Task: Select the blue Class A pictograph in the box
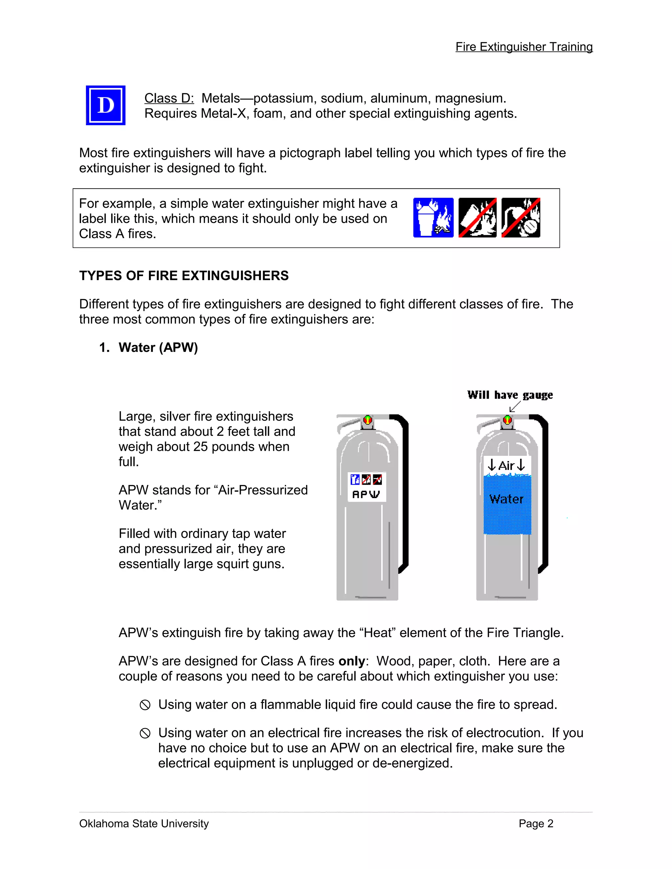pyautogui.click(x=433, y=218)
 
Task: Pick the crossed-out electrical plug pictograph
pyautogui.click(x=520, y=218)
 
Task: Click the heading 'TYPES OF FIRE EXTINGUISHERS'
pyautogui.click(x=183, y=275)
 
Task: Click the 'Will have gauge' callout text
pyautogui.click(x=510, y=395)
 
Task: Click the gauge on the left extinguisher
pyautogui.click(x=367, y=419)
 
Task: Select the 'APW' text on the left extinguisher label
pyautogui.click(x=366, y=494)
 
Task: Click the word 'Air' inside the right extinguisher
pyautogui.click(x=506, y=466)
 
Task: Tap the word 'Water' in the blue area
pyautogui.click(x=506, y=499)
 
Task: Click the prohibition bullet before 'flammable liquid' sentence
pyautogui.click(x=145, y=705)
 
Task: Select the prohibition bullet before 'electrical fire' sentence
pyautogui.click(x=145, y=733)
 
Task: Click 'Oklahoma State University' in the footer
pyautogui.click(x=144, y=823)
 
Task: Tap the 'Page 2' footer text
pyautogui.click(x=535, y=823)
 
